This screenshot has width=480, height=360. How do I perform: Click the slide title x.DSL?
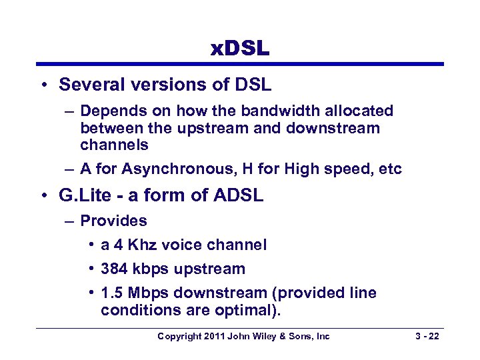240,48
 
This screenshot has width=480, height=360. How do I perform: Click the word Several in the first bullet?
85,85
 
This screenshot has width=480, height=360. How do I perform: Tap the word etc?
389,169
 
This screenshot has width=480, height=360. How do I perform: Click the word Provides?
113,221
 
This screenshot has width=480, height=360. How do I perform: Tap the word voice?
179,245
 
